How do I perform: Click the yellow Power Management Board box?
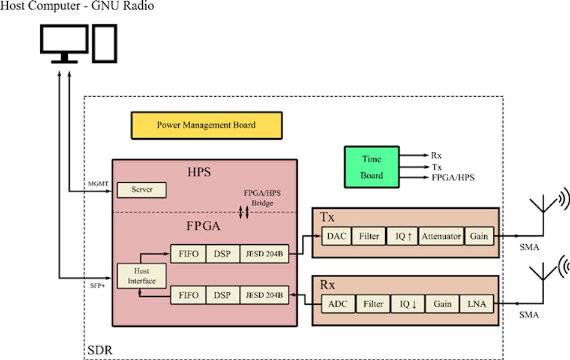[x=206, y=125]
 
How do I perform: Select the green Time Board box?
[x=371, y=167]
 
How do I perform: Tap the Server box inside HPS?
[x=142, y=190]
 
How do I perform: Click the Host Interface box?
[x=142, y=277]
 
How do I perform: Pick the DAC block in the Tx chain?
[x=336, y=236]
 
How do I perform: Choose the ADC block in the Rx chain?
[x=337, y=304]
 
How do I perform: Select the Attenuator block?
[x=440, y=236]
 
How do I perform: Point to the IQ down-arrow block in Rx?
[x=408, y=304]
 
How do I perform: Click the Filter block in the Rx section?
[x=373, y=304]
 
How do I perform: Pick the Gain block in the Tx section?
[x=478, y=236]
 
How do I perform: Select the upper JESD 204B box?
[x=264, y=254]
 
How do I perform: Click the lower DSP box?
[x=223, y=295]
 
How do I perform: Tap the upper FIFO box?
[x=188, y=254]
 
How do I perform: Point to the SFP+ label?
[x=97, y=286]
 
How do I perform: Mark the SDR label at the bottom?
[x=98, y=349]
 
